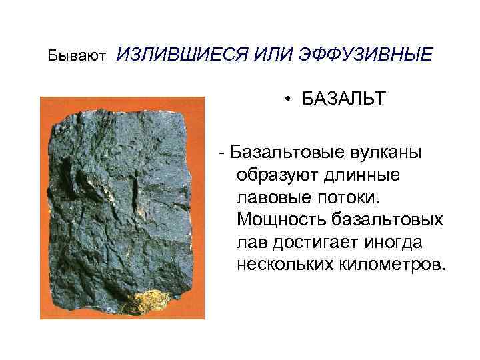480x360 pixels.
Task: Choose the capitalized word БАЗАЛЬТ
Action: click(x=343, y=99)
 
